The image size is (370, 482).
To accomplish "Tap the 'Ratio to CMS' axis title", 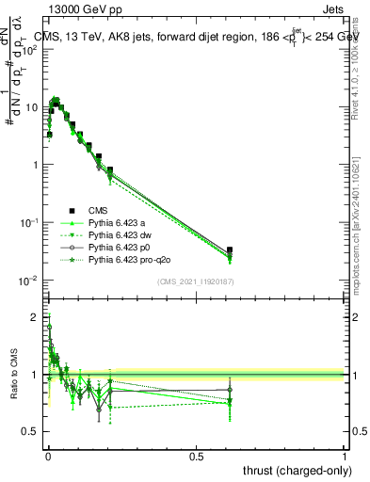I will click(13, 375).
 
